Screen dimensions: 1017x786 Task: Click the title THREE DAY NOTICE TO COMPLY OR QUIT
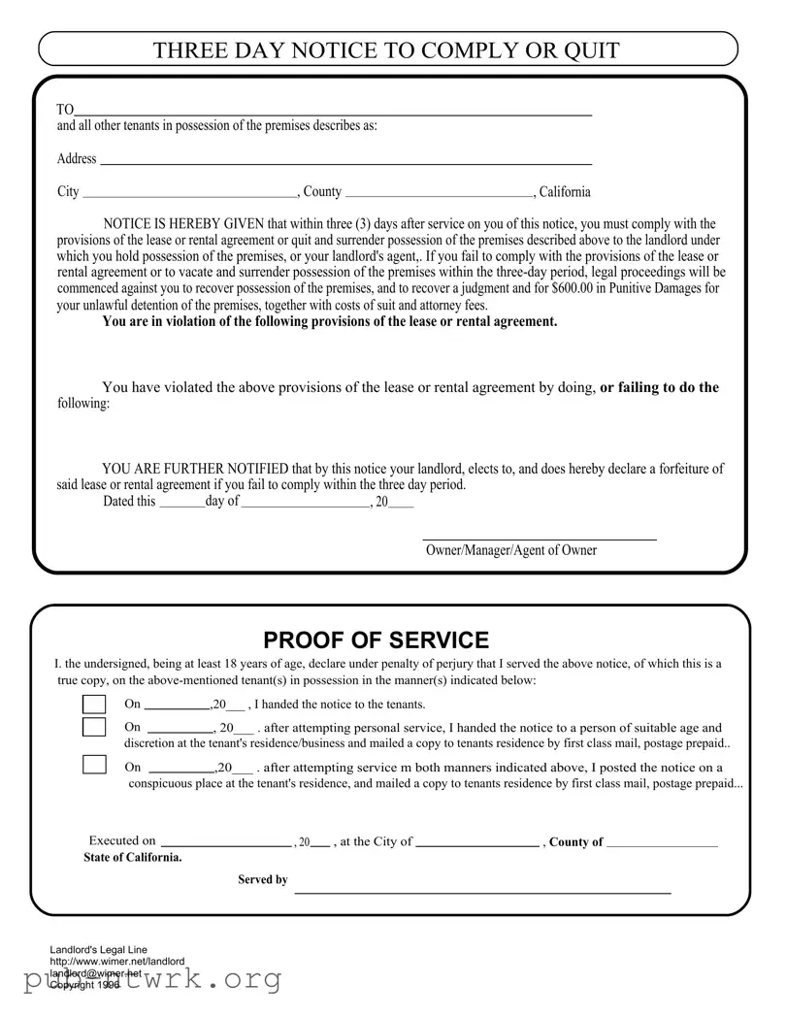point(386,50)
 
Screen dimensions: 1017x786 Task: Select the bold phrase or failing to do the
point(660,387)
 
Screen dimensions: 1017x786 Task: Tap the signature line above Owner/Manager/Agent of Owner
point(540,539)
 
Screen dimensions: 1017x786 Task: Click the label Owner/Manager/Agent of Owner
point(511,550)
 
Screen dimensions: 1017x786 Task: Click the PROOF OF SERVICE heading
point(376,640)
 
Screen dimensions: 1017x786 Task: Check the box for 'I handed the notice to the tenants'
point(94,705)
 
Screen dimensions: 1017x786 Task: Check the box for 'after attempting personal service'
point(94,728)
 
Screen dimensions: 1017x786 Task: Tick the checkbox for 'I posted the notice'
point(94,765)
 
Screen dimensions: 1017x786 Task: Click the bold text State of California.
point(133,858)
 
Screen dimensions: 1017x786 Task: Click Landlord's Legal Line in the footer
point(99,949)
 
